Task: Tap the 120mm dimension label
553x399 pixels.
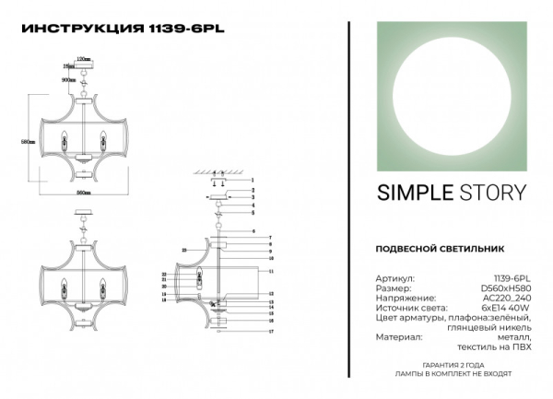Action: [x=83, y=58]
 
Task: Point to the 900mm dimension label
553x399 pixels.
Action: [x=67, y=80]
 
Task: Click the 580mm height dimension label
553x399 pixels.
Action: [x=28, y=142]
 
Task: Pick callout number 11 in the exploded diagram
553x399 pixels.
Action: [x=273, y=273]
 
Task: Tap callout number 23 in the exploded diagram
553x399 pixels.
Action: [x=185, y=250]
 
